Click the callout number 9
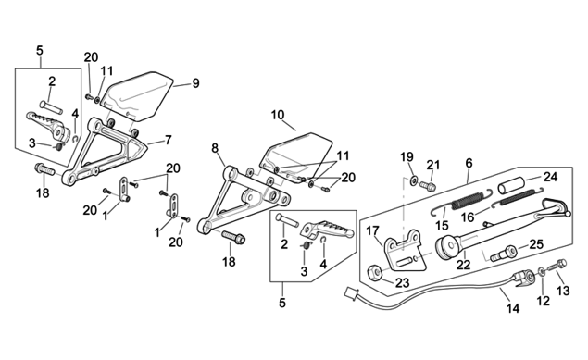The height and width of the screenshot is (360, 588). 195,83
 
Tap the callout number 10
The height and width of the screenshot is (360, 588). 278,115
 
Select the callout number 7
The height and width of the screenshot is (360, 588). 168,140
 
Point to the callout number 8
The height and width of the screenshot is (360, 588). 215,148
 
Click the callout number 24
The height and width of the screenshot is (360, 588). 551,177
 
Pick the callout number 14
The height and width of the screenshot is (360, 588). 513,308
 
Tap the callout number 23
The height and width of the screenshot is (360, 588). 403,283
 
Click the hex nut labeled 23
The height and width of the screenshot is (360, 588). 374,273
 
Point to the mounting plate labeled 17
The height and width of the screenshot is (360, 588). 405,250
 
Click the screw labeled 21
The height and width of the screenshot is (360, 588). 427,185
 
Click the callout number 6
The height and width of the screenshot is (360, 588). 469,163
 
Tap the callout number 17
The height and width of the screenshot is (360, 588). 372,230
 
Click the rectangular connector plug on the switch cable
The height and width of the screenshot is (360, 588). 352,293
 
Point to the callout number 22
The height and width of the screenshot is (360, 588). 464,265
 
